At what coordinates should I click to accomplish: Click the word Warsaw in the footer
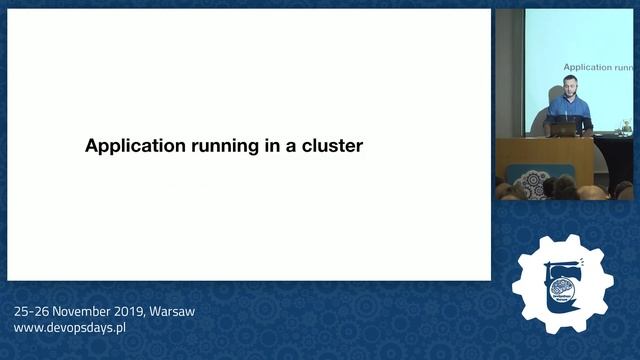(171, 311)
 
